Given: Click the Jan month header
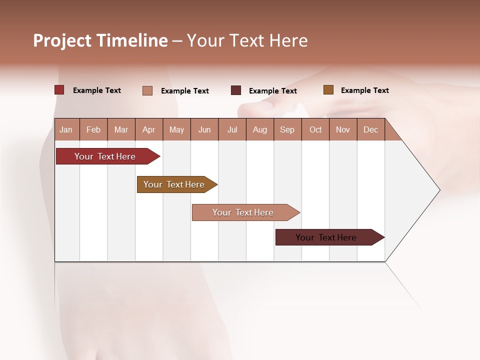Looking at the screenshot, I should click(66, 129).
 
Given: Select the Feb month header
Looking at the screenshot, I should click(93, 129).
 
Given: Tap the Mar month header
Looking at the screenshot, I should click(121, 129).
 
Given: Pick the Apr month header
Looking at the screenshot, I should click(148, 129).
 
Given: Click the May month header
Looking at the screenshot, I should click(176, 129).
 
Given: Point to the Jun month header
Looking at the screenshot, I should click(204, 129).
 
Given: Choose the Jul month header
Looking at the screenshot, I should click(232, 129).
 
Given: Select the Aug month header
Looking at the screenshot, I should click(259, 129).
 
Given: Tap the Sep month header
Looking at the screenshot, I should click(287, 129).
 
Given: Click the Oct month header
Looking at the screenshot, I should click(315, 129).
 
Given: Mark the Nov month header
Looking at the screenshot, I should click(343, 129).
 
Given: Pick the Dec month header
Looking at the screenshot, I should click(370, 129).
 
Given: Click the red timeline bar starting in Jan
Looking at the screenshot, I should click(105, 156).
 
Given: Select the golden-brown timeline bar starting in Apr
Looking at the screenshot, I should click(174, 184).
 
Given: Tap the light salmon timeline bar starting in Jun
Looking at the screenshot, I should click(243, 212).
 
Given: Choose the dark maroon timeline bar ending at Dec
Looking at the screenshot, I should click(326, 237).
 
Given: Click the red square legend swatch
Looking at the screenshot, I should click(59, 90).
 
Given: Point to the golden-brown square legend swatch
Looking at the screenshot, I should click(328, 90).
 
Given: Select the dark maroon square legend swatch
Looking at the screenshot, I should click(236, 90).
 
